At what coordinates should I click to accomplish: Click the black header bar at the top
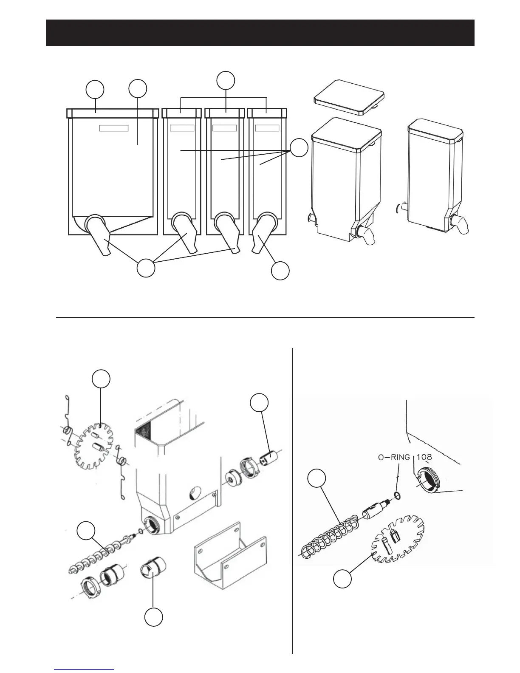(260, 32)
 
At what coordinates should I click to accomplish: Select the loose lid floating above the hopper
(350, 97)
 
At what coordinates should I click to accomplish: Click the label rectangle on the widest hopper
(114, 128)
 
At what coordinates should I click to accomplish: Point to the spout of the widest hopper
(98, 236)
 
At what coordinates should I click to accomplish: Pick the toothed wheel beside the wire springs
(97, 446)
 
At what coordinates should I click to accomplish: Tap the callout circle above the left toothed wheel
(102, 379)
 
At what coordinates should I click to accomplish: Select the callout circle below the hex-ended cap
(154, 617)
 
